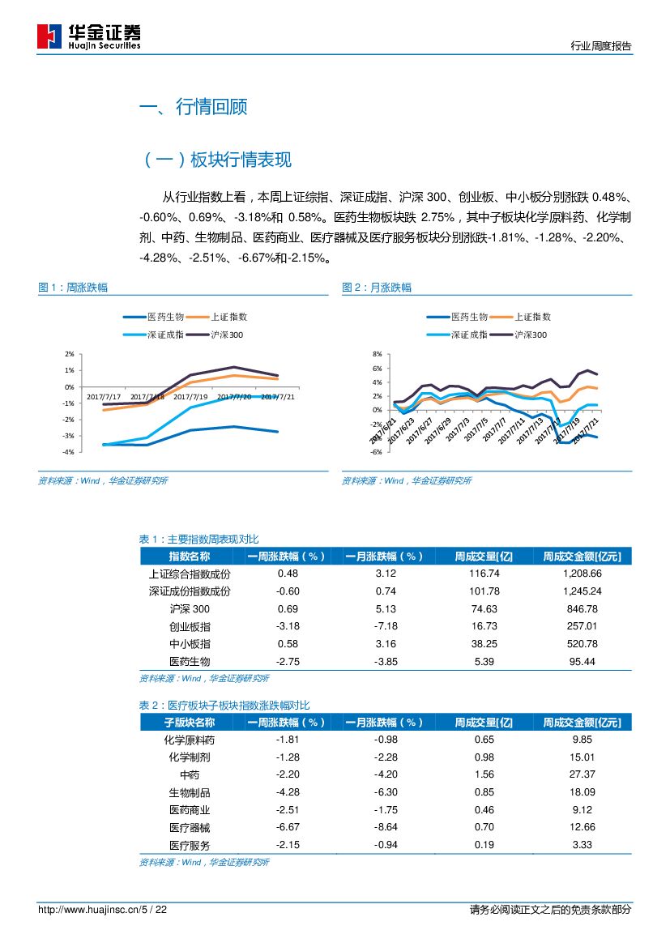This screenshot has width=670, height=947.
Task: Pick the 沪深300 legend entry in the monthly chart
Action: tap(531, 335)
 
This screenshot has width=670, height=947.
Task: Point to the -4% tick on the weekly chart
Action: tap(69, 452)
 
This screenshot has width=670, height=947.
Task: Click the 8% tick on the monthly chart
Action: tap(377, 354)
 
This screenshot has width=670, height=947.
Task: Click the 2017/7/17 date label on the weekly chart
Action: tap(104, 397)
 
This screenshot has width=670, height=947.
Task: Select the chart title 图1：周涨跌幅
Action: tap(74, 288)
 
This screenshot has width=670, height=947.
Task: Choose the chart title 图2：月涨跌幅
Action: tap(377, 288)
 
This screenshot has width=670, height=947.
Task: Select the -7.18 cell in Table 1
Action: tap(386, 626)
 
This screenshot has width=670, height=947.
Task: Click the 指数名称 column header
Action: tap(190, 557)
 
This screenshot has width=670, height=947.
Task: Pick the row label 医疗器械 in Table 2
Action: tap(190, 827)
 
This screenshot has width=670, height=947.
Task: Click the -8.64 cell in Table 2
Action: tap(386, 827)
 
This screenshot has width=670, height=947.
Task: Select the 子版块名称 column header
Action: tap(190, 723)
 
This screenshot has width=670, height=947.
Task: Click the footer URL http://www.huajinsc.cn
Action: tap(89, 910)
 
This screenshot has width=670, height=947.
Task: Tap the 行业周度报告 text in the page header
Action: tap(600, 46)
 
